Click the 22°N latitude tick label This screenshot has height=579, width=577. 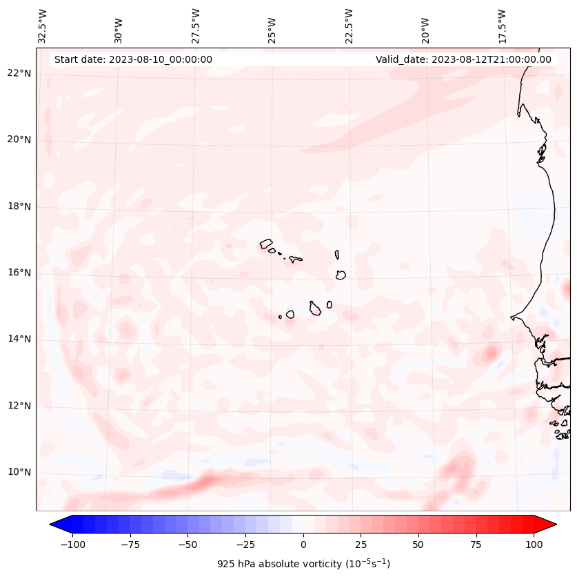click(19, 73)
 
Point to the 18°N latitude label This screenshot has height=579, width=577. click(19, 206)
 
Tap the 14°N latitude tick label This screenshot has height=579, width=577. click(19, 339)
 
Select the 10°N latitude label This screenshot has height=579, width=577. click(19, 472)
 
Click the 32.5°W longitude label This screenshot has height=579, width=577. click(43, 26)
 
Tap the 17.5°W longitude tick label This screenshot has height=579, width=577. click(502, 26)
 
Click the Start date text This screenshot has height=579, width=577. click(133, 59)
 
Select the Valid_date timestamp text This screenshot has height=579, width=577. click(463, 59)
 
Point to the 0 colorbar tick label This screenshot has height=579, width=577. click(303, 544)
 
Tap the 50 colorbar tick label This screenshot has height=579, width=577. click(418, 544)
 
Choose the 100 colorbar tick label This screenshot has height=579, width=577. click(533, 544)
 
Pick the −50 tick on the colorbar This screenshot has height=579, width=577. click(188, 544)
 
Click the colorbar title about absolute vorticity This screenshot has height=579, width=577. click(303, 564)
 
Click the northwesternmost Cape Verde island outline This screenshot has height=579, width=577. click(266, 244)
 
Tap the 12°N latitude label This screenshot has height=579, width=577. click(19, 406)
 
